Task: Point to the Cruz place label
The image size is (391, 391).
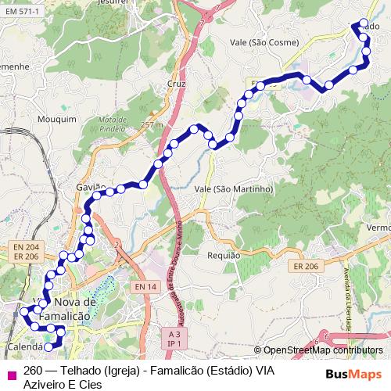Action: [175, 82]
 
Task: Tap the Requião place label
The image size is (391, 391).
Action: [224, 256]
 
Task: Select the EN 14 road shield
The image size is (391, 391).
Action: [145, 287]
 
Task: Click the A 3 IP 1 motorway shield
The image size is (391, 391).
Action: [174, 337]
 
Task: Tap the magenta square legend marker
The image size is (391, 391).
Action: [10, 374]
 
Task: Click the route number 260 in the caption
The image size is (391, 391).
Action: [33, 371]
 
